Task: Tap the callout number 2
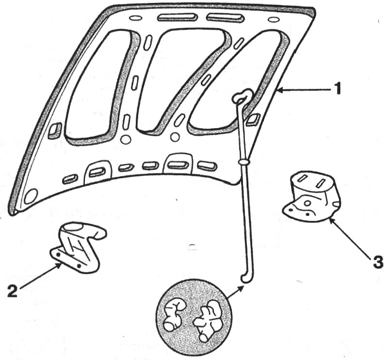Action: tap(13, 291)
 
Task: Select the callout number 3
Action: tap(378, 262)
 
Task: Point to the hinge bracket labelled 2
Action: tap(79, 247)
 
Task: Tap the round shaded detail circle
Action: tap(194, 316)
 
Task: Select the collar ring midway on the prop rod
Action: tap(244, 162)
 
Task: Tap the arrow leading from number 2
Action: tap(40, 277)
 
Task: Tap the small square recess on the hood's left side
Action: tap(55, 130)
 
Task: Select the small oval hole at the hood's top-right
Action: tap(274, 19)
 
